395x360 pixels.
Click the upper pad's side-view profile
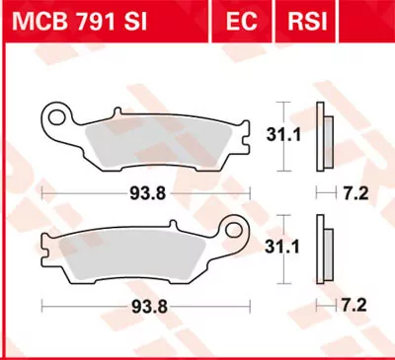pyautogui.click(x=321, y=131)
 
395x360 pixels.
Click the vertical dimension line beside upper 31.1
pyautogui.click(x=284, y=131)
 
